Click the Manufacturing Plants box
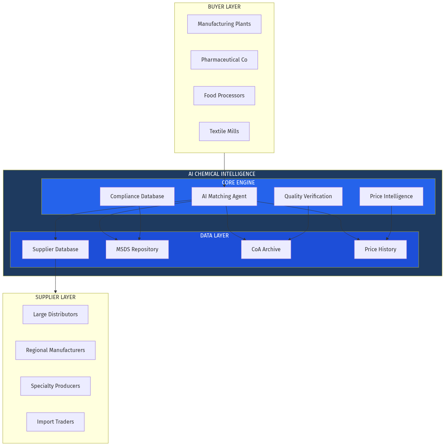[224, 24]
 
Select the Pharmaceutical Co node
[224, 60]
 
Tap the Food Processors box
[224, 96]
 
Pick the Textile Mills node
[224, 131]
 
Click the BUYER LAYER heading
[224, 7]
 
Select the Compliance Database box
[137, 197]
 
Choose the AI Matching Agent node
[224, 197]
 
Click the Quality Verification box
[308, 197]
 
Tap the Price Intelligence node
[391, 197]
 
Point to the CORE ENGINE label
[238, 183]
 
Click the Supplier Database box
[55, 249]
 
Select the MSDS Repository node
[137, 249]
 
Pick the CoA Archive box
[266, 249]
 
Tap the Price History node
[380, 249]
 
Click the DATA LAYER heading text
[214, 236]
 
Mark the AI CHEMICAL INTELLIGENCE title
[222, 174]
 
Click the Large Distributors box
[55, 315]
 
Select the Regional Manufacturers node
[55, 350]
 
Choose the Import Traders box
[55, 422]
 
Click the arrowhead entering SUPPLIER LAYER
[55, 291]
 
